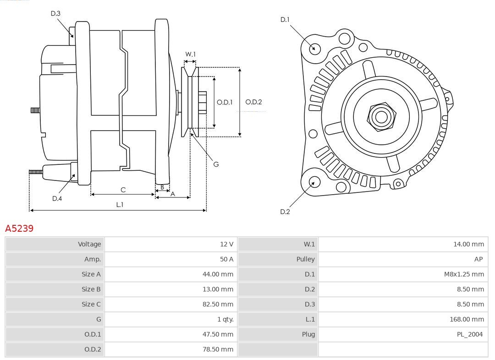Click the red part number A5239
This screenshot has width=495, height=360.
19,228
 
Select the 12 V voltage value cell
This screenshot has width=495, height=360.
226,244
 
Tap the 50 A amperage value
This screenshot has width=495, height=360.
226,259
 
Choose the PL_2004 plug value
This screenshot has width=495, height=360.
469,334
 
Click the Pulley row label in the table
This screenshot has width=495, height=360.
305,259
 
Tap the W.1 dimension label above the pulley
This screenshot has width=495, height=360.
190,55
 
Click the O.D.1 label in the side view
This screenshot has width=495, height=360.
225,102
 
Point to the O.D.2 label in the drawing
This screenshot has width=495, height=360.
253,102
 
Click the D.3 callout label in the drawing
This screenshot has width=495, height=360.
55,14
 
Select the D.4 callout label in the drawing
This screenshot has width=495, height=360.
57,198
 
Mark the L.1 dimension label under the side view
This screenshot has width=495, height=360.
119,205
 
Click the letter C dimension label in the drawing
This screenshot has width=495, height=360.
123,190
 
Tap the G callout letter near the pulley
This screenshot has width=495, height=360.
216,164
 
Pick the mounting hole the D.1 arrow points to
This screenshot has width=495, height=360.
315,48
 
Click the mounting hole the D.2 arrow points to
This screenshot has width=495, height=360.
314,182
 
